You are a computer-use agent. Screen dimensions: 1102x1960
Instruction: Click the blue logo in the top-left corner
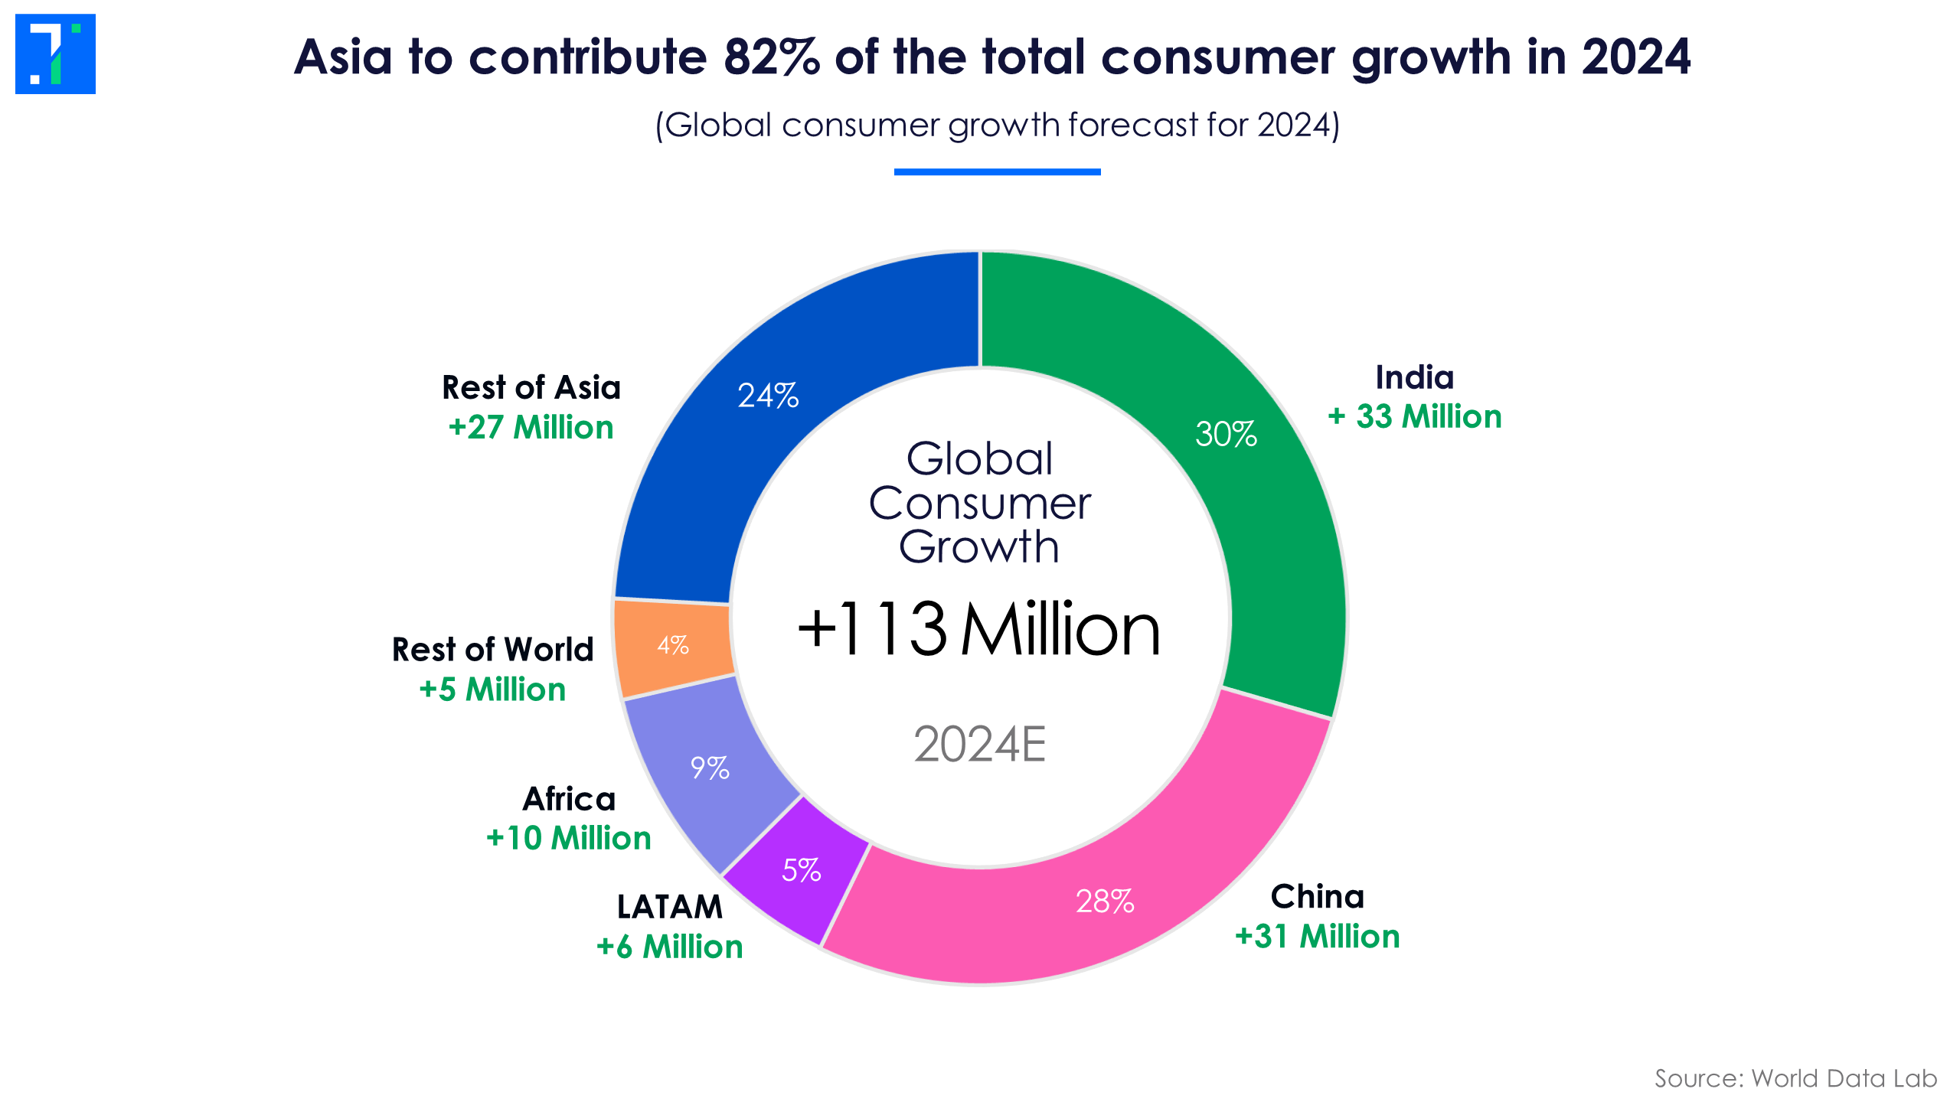coord(55,54)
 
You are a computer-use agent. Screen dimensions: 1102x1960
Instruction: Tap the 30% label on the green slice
coord(1226,434)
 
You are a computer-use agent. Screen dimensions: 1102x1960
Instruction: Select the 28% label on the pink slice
coord(1105,901)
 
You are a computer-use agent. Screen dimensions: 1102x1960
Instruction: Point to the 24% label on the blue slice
coord(768,396)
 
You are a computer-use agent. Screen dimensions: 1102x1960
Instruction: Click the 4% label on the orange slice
coord(673,645)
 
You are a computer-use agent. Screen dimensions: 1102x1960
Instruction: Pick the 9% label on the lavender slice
coord(710,768)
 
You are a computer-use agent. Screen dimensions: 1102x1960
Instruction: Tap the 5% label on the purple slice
coord(802,870)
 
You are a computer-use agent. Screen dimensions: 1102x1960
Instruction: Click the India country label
coord(1414,377)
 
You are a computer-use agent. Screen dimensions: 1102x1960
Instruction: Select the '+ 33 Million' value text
coord(1414,417)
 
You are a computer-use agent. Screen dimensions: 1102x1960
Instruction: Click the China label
coord(1317,896)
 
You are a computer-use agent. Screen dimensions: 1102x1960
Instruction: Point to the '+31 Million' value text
coord(1317,936)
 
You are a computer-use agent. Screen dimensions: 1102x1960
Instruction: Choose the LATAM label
coord(670,907)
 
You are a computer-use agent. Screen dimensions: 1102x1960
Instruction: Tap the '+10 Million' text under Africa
coord(568,838)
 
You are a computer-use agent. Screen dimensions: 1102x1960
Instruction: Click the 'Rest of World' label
coord(492,650)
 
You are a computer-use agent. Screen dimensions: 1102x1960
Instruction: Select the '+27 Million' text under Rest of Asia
coord(531,427)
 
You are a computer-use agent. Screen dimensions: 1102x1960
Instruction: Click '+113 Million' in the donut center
coord(978,629)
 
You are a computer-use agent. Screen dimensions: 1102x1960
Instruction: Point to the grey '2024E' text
coord(979,744)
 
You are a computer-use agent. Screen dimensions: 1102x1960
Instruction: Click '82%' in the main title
coord(772,57)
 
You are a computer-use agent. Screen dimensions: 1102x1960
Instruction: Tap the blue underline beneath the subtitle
coord(997,172)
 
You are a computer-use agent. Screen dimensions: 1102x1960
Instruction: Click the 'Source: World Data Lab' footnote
coord(1795,1078)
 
